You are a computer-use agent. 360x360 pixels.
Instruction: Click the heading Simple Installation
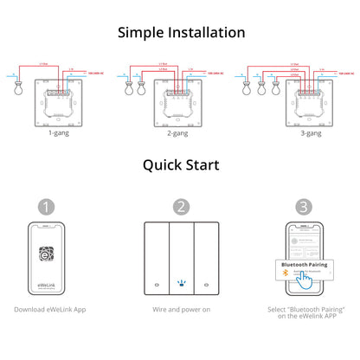181,32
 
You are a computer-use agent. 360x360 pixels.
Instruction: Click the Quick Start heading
181,164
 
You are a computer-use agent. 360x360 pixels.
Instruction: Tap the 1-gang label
59,134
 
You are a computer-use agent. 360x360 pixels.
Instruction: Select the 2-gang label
179,134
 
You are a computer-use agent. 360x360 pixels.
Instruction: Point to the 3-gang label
301,134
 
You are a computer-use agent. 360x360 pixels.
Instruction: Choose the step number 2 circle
181,207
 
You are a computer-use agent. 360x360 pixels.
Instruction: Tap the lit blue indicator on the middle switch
181,283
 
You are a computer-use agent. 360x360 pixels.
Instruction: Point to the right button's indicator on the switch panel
207,284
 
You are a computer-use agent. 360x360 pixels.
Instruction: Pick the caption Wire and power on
181,309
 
